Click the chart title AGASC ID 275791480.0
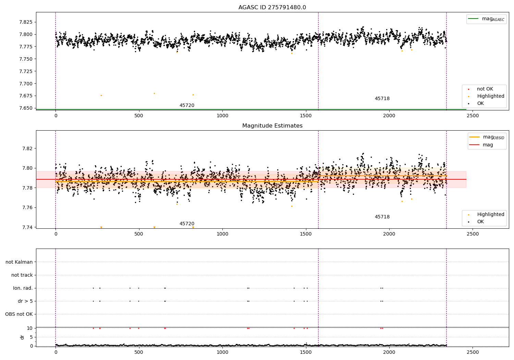pyautogui.click(x=272, y=8)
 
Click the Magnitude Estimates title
pyautogui.click(x=272, y=126)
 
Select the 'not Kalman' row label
pyautogui.click(x=19, y=262)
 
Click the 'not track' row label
pyautogui.click(x=22, y=275)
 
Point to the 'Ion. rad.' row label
pyautogui.click(x=23, y=288)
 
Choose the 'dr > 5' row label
pyautogui.click(x=25, y=301)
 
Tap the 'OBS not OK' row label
pyautogui.click(x=19, y=314)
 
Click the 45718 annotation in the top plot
pyautogui.click(x=382, y=99)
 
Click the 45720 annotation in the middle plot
pyautogui.click(x=187, y=224)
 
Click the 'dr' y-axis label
pyautogui.click(x=22, y=337)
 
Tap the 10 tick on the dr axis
pyautogui.click(x=30, y=328)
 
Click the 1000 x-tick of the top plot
pyautogui.click(x=222, y=116)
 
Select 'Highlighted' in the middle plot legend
pyautogui.click(x=490, y=214)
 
